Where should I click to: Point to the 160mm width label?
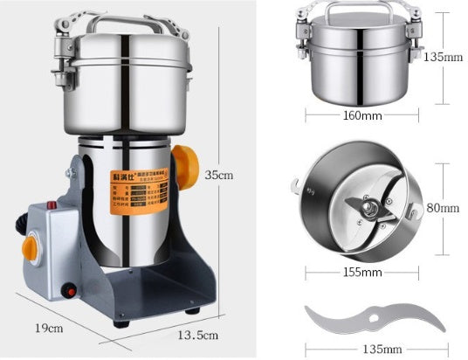(x=357, y=114)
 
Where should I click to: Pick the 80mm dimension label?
(x=444, y=208)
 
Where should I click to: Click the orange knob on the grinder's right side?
(x=185, y=166)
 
